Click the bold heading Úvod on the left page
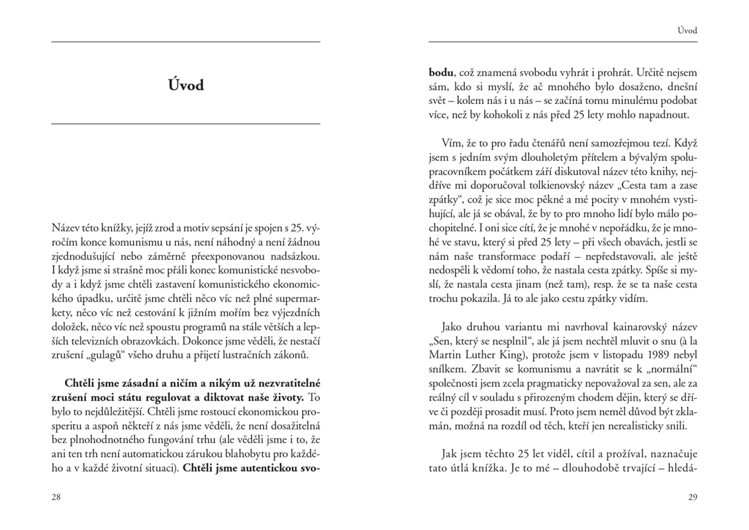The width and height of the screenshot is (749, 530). click(185, 85)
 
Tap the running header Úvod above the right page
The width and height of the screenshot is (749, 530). click(687, 30)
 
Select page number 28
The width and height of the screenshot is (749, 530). click(56, 496)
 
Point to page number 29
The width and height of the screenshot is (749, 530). click(693, 496)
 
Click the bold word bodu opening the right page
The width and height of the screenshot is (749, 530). click(441, 72)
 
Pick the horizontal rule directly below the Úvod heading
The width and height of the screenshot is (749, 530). click(185, 124)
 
